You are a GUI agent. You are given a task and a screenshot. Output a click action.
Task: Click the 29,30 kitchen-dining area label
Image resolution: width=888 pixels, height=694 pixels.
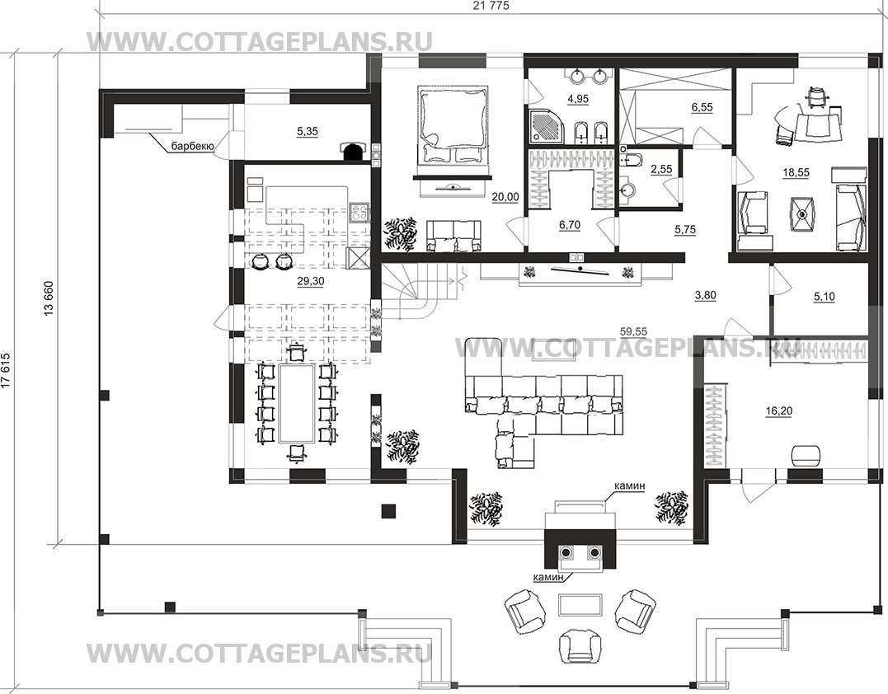click(310, 281)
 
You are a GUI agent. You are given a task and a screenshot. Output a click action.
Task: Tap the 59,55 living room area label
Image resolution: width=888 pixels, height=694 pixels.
click(633, 331)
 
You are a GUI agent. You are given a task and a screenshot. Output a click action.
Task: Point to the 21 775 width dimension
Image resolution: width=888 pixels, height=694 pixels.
click(491, 6)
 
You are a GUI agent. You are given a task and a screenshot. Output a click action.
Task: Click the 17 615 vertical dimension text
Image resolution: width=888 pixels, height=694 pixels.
click(6, 372)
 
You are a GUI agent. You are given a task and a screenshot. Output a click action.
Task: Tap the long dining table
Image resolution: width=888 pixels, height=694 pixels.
click(297, 404)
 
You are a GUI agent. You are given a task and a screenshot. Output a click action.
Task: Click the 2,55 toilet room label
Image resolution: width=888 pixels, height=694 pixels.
click(661, 170)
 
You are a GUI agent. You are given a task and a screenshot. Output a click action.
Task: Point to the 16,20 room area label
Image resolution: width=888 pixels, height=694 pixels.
click(778, 411)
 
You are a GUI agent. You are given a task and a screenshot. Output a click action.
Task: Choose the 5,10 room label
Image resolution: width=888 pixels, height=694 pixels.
click(824, 296)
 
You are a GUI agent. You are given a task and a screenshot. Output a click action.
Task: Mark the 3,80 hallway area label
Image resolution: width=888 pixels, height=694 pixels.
click(705, 294)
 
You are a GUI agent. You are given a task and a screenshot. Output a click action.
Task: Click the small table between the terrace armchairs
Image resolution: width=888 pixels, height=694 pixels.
click(579, 604)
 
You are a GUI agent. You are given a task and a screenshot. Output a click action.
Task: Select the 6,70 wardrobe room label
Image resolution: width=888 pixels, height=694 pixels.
click(570, 225)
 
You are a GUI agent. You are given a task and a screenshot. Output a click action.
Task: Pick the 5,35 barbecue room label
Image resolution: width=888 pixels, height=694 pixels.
click(308, 131)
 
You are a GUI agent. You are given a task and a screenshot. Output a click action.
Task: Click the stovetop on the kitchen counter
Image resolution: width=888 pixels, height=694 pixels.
click(359, 213)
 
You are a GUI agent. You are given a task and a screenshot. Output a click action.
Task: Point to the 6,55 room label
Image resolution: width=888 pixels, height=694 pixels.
click(702, 107)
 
